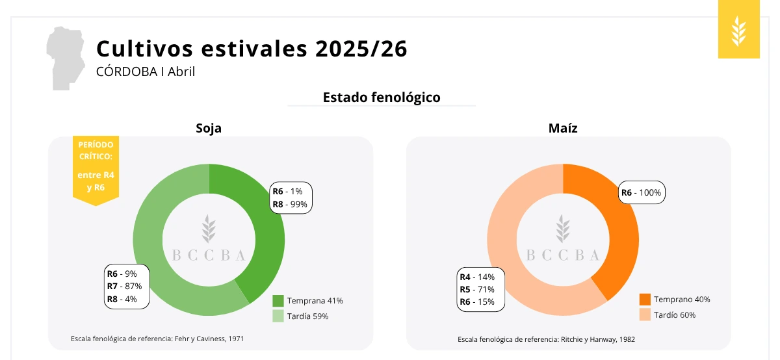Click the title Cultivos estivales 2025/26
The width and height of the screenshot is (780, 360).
pyautogui.click(x=252, y=49)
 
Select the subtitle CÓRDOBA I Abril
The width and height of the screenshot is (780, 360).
pyautogui.click(x=146, y=71)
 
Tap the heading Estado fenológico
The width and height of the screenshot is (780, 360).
pyautogui.click(x=382, y=97)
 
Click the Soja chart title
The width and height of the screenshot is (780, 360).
pyautogui.click(x=209, y=128)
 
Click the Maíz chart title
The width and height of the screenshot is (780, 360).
pyautogui.click(x=563, y=128)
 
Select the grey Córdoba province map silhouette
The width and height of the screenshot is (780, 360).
pyautogui.click(x=66, y=58)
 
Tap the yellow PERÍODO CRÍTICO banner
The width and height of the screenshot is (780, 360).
pyautogui.click(x=96, y=169)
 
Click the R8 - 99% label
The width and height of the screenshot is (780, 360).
pyautogui.click(x=290, y=204)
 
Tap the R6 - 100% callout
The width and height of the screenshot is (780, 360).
pyautogui.click(x=641, y=192)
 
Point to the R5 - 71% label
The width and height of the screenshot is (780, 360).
pyautogui.click(x=478, y=289)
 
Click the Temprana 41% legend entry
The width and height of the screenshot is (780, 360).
pyautogui.click(x=307, y=301)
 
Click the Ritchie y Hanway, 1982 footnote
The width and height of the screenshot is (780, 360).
pyautogui.click(x=546, y=339)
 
